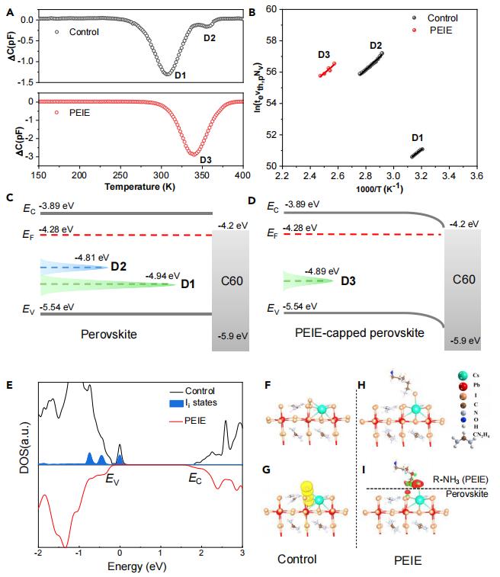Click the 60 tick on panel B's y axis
(271, 8)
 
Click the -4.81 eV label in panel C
(92, 258)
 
